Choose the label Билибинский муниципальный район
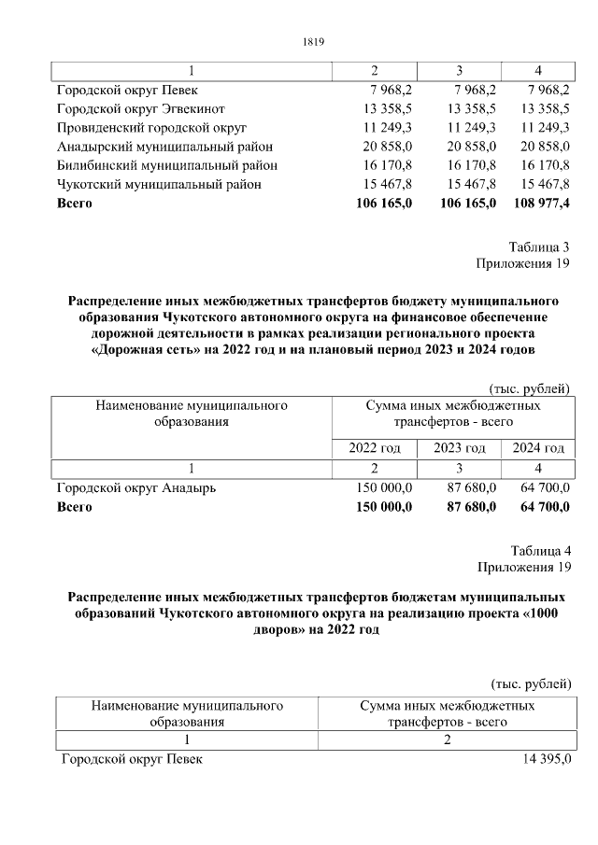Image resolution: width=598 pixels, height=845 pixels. pos(167,165)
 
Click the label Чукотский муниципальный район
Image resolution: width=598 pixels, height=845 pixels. pos(159,184)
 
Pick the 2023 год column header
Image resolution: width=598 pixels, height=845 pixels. pos(459,448)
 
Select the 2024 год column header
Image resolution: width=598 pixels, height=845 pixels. pos(537,448)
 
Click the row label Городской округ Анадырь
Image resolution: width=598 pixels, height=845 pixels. pos(136,487)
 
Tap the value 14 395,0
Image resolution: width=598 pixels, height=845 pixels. pos(547,759)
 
